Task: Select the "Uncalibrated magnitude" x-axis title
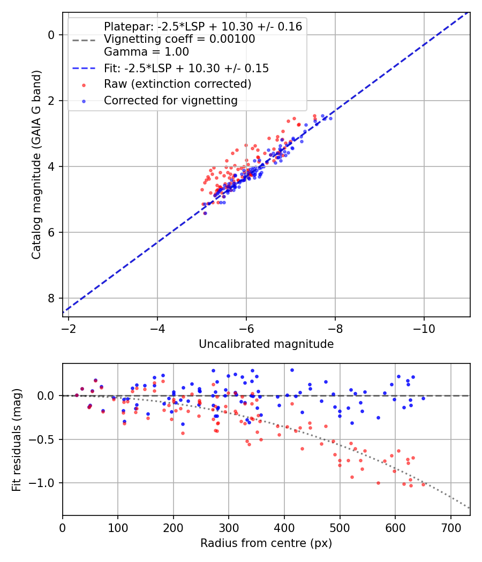point(266,344)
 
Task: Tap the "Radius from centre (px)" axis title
point(266,543)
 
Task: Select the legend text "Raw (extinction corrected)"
point(178,84)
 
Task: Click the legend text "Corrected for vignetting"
point(170,100)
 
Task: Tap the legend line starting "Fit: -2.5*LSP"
point(186,68)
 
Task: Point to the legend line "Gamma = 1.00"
point(146,52)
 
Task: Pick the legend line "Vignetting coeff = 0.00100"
point(179,39)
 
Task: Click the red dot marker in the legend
point(84,85)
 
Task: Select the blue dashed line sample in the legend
point(84,69)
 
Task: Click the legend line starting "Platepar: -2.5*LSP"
point(203,26)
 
